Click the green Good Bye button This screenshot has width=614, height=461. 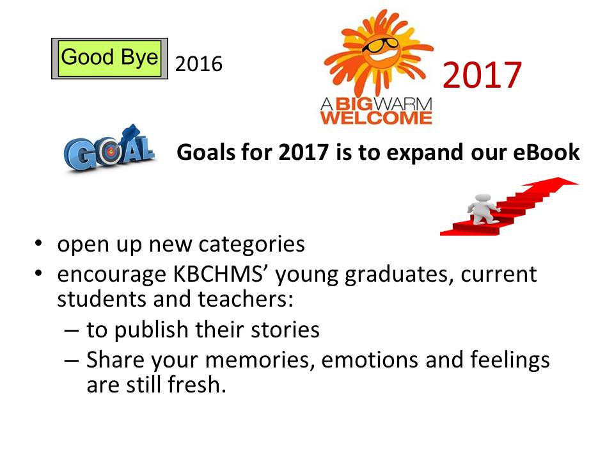click(x=109, y=58)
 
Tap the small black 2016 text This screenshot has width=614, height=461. click(x=198, y=64)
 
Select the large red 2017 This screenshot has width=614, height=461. click(x=482, y=75)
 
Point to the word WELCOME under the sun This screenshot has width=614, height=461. click(x=376, y=117)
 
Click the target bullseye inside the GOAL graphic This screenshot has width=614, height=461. click(x=110, y=154)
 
